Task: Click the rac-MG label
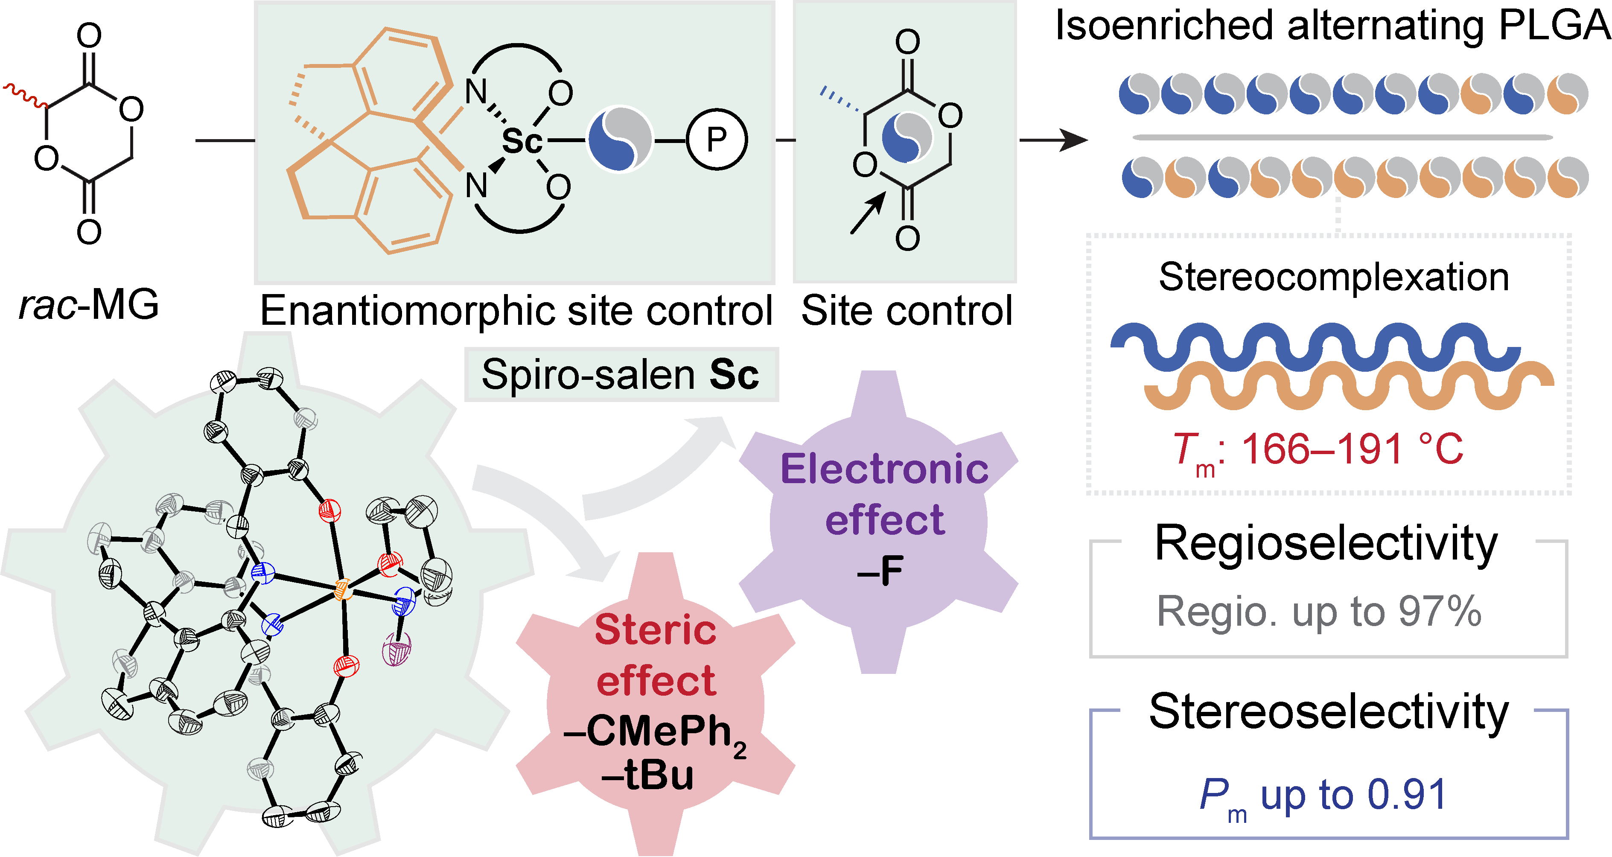coord(89,305)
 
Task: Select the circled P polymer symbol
coord(717,140)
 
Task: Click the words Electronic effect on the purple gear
coord(884,494)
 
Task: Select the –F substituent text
coord(880,571)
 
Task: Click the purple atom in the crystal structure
coord(397,649)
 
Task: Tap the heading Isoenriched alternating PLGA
coord(1333,26)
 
